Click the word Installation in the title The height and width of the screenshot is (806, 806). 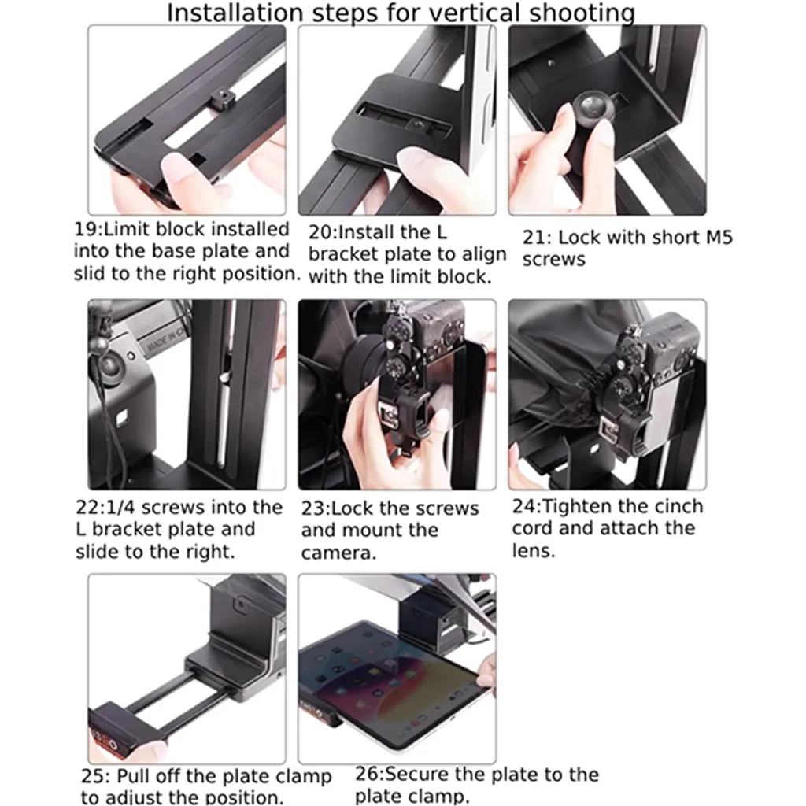click(x=235, y=13)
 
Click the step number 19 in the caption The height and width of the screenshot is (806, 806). click(x=85, y=229)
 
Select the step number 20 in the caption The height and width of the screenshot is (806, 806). click(x=320, y=233)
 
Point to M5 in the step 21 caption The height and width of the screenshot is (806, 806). click(x=719, y=238)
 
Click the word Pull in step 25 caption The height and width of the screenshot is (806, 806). click(x=134, y=775)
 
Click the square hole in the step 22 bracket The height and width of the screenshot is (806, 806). click(x=122, y=417)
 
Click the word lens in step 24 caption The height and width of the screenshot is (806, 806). click(x=534, y=550)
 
